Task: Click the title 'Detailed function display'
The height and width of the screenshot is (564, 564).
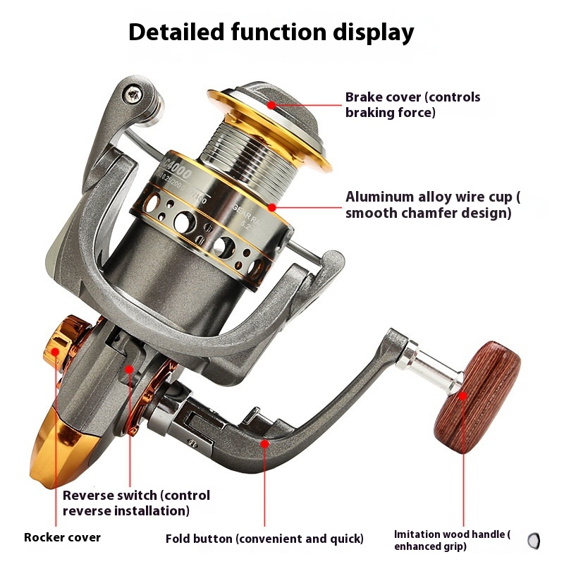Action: (271, 32)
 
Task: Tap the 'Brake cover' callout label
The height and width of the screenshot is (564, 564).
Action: (412, 104)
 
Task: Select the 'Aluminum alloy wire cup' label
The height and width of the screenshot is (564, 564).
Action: (428, 204)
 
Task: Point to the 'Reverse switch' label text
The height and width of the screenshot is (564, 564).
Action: (136, 503)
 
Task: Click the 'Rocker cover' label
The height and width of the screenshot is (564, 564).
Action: (62, 538)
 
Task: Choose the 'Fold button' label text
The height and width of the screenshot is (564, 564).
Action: (264, 539)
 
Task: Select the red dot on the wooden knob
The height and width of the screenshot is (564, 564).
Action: (464, 396)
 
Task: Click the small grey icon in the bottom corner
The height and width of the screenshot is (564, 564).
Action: (534, 541)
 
